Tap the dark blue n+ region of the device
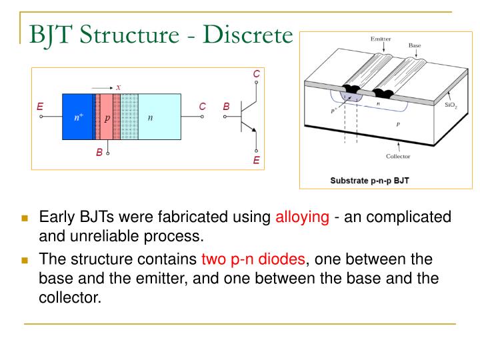click(77, 117)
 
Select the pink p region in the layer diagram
click(106, 117)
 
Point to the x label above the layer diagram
click(118, 87)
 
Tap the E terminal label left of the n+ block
click(40, 106)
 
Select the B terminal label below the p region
click(99, 153)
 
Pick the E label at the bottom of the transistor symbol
click(257, 161)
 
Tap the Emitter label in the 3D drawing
click(381, 39)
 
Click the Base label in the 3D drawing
click(415, 45)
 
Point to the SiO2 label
click(451, 105)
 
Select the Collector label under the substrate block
click(398, 157)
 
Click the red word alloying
click(302, 217)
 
